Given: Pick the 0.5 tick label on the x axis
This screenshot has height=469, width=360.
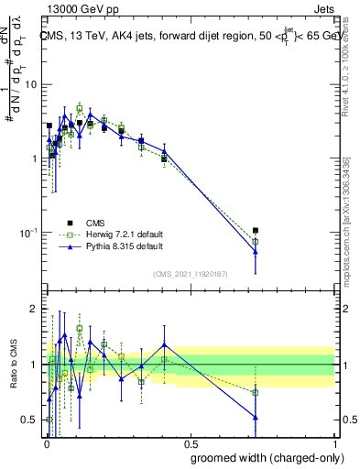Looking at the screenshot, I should click(190, 442).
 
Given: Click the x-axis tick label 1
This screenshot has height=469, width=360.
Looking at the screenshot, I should click(334, 442).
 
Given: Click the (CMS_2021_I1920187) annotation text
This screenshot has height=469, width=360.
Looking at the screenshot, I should click(190, 273).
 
